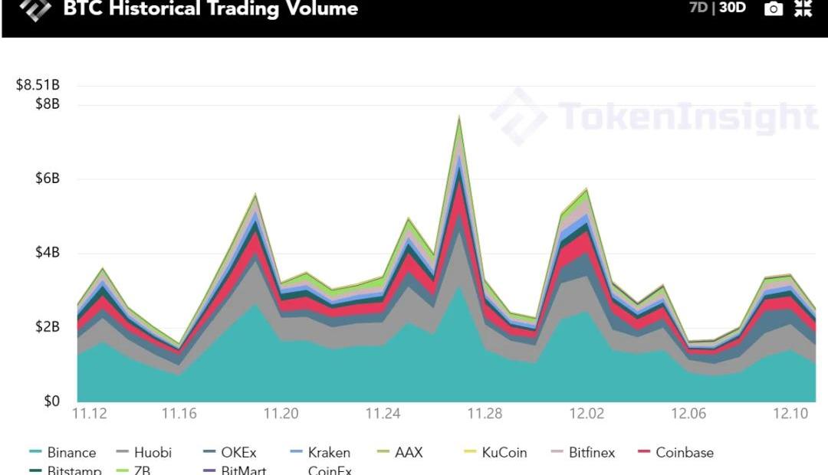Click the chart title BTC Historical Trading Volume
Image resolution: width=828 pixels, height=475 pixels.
click(x=210, y=9)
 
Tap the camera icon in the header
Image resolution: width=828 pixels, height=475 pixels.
click(x=774, y=9)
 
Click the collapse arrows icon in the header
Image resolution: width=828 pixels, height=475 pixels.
click(x=803, y=9)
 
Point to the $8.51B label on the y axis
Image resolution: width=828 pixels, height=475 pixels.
click(x=38, y=85)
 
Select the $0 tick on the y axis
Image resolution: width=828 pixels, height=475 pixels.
click(x=51, y=401)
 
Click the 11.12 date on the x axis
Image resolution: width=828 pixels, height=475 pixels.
click(x=89, y=414)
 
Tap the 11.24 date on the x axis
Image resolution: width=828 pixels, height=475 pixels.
click(x=383, y=414)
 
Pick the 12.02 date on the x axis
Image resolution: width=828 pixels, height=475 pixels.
click(x=586, y=414)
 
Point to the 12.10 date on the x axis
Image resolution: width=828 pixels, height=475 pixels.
click(x=791, y=414)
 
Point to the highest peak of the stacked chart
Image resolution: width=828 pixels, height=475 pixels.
click(x=459, y=116)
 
